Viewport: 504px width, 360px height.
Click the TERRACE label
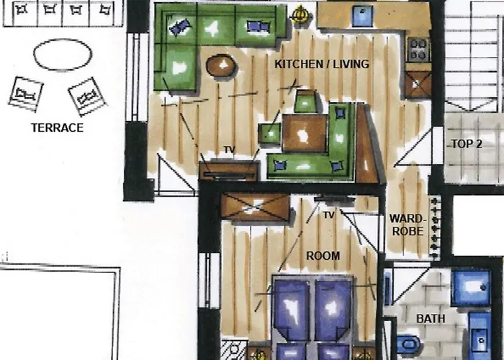(x=57, y=128)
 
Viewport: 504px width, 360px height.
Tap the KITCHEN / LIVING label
(x=322, y=64)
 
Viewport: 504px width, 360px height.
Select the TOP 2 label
(x=467, y=143)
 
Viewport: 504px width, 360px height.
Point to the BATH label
(x=431, y=318)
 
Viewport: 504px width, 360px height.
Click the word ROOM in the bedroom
(x=323, y=256)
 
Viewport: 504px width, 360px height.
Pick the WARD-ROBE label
(x=408, y=225)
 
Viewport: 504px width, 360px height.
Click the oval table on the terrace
(x=63, y=54)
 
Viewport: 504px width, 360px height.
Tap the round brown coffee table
(x=222, y=66)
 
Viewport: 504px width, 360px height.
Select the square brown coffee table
(x=305, y=132)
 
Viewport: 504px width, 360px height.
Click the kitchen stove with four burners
(x=419, y=49)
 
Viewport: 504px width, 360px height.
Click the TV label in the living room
(x=229, y=150)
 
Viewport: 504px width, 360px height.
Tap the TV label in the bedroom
(x=328, y=215)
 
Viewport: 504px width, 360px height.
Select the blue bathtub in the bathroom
(x=470, y=287)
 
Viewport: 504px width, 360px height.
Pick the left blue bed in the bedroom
(x=291, y=310)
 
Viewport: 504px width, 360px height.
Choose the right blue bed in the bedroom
(x=333, y=310)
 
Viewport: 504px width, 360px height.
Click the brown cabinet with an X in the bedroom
(x=255, y=206)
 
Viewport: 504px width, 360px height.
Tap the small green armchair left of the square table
(x=270, y=134)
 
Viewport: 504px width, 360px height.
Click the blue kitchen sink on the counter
(x=362, y=16)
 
